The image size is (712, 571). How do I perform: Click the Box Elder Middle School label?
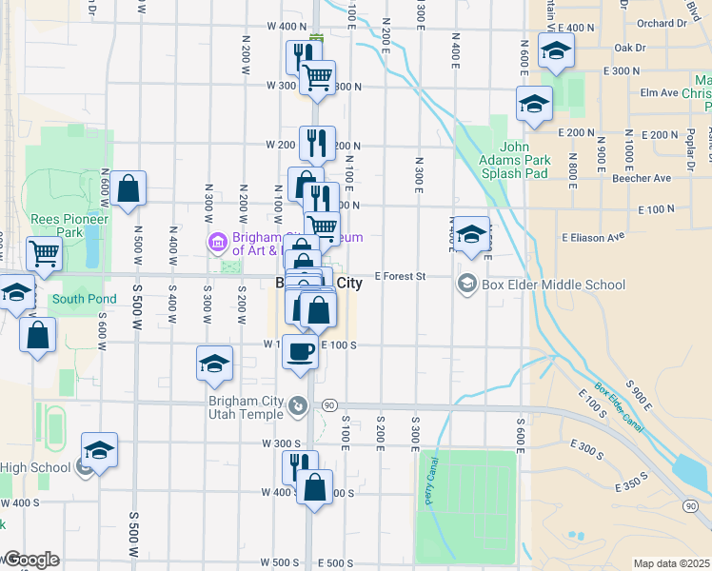553,285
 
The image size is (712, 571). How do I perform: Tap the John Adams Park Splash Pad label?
511,161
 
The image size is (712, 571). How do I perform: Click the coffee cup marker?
300,351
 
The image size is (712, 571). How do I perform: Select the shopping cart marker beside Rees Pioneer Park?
45,254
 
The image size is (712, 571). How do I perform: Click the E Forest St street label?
398,276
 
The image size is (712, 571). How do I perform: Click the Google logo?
30,560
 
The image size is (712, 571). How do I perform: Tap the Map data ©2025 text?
671,563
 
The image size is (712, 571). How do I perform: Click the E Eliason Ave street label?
592,236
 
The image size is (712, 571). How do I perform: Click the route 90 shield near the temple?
328,405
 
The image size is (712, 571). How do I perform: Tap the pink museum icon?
218,243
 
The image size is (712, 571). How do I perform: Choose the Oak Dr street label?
630,47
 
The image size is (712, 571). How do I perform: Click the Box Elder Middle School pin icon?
467,283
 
